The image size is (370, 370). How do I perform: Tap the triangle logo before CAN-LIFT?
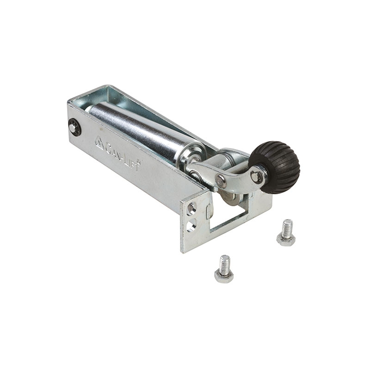coord(99,143)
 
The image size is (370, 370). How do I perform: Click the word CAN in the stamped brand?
coord(113,151)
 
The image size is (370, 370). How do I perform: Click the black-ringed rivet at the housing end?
coord(74,127)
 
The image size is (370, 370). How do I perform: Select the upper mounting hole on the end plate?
coord(191,209)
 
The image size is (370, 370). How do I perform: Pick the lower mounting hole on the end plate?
coord(191,225)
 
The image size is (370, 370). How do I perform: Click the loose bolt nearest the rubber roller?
coord(286,233)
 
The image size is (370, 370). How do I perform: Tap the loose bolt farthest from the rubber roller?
coord(224,269)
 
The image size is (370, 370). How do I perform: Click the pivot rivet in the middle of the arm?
coord(221,180)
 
